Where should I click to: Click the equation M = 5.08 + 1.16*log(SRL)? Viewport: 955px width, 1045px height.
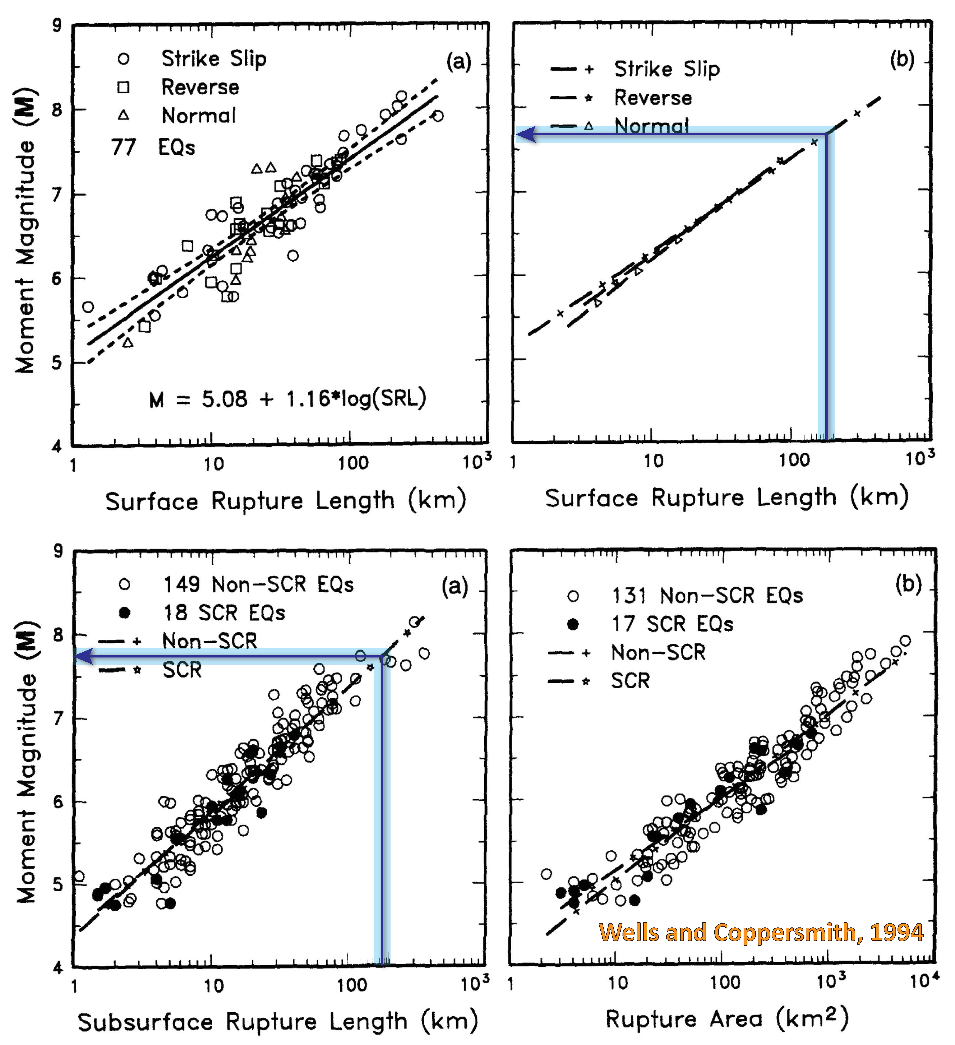pos(288,399)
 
